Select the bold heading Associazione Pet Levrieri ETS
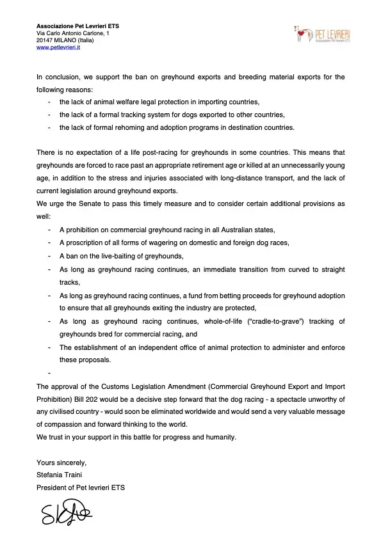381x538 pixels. point(77,26)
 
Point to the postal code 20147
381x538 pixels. point(45,40)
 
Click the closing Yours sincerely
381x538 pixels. point(61,462)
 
